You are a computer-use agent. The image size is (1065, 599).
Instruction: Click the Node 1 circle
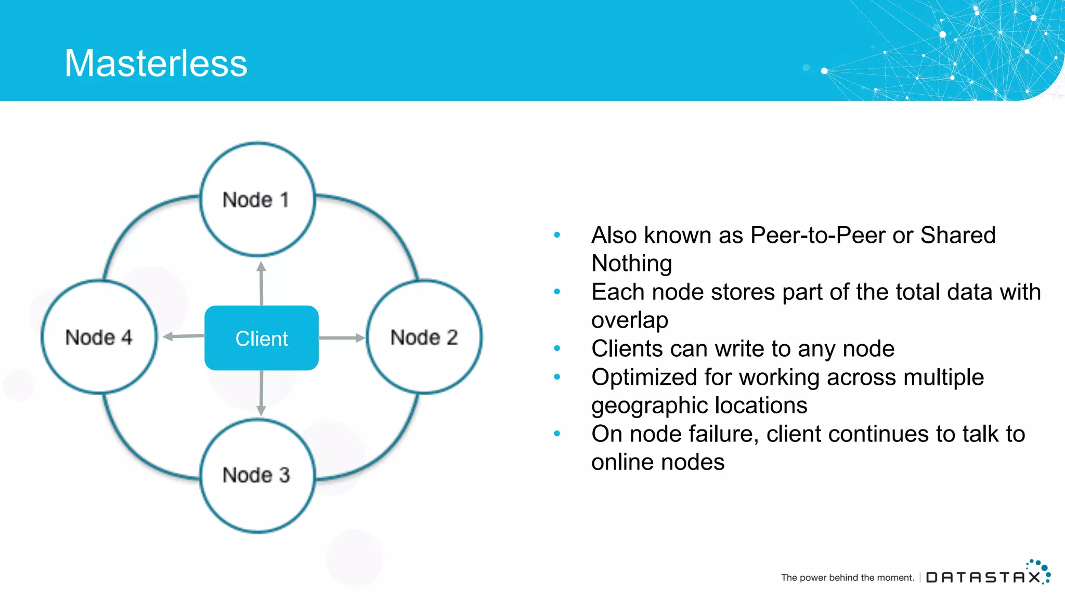click(x=257, y=200)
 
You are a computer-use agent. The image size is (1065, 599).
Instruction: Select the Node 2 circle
click(x=424, y=337)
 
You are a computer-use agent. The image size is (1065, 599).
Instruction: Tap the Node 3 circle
click(x=257, y=475)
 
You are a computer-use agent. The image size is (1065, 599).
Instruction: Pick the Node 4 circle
click(x=99, y=337)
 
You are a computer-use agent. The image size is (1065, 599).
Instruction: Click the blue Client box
click(x=262, y=338)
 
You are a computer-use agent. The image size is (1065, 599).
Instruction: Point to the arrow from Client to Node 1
click(x=261, y=283)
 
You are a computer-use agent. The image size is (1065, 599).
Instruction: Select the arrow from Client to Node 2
click(x=342, y=338)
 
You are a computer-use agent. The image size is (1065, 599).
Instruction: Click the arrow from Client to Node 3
click(x=261, y=393)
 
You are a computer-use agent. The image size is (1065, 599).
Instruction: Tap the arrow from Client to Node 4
click(x=184, y=336)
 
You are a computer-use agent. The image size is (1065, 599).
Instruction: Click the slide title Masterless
click(x=155, y=63)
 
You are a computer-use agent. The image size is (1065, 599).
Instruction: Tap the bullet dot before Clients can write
click(x=557, y=348)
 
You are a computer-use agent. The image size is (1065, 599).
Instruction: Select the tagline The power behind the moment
click(x=847, y=578)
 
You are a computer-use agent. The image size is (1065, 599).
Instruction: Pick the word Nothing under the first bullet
click(x=631, y=264)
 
